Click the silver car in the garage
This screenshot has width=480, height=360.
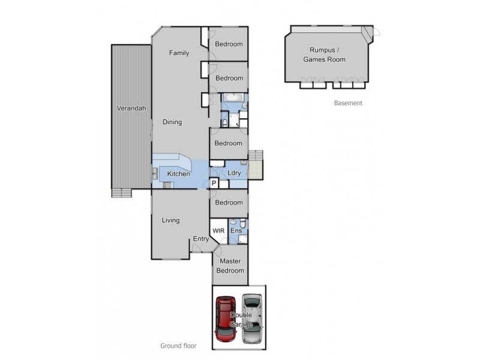click(253, 319)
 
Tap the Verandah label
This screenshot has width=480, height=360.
click(131, 109)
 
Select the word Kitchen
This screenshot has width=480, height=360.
click(178, 174)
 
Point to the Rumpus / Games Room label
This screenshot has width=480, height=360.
click(324, 55)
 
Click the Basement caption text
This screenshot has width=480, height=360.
click(348, 103)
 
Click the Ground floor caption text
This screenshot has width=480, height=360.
click(178, 346)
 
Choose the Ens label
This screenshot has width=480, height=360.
click(236, 231)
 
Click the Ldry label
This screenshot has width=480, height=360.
click(235, 173)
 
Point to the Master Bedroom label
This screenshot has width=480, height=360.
click(231, 266)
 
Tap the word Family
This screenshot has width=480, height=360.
click(179, 53)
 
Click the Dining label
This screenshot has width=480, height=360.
click(172, 122)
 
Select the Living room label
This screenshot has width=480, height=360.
click(171, 220)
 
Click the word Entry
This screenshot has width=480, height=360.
click(200, 239)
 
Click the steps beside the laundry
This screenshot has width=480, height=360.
click(255, 163)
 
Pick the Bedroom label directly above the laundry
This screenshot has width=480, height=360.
click(229, 143)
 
